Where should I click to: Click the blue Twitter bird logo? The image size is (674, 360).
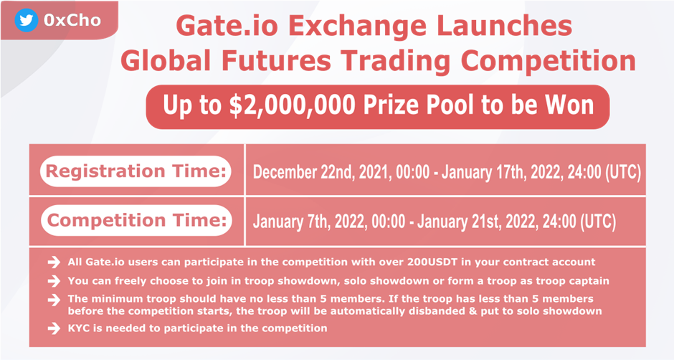pyautogui.click(x=27, y=20)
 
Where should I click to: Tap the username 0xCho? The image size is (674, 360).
pyautogui.click(x=72, y=20)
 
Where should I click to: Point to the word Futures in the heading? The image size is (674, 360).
pyautogui.click(x=276, y=60)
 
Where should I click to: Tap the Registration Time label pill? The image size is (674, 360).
pyautogui.click(x=136, y=171)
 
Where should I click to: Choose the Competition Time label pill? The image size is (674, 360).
pyautogui.click(x=137, y=220)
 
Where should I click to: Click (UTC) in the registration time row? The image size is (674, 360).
pyautogui.click(x=622, y=172)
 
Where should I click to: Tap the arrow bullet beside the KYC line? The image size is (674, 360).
pyautogui.click(x=54, y=328)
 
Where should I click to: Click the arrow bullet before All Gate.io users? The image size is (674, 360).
pyautogui.click(x=54, y=262)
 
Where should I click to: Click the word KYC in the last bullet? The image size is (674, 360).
pyautogui.click(x=77, y=328)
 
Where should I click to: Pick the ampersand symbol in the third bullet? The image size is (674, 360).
pyautogui.click(x=473, y=311)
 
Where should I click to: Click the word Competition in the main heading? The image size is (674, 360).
pyautogui.click(x=548, y=61)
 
